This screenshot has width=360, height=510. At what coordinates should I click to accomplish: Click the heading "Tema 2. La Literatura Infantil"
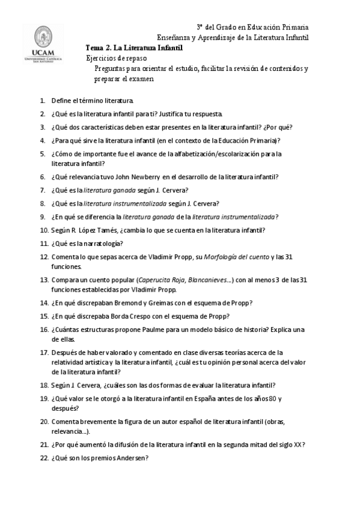tap(134, 48)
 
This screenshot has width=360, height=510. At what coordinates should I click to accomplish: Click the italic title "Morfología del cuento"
tap(236, 257)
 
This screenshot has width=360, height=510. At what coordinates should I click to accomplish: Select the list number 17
tap(44, 352)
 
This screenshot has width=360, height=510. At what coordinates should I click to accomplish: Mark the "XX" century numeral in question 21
tap(297, 445)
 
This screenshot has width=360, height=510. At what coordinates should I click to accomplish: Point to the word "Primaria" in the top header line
tap(293, 28)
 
